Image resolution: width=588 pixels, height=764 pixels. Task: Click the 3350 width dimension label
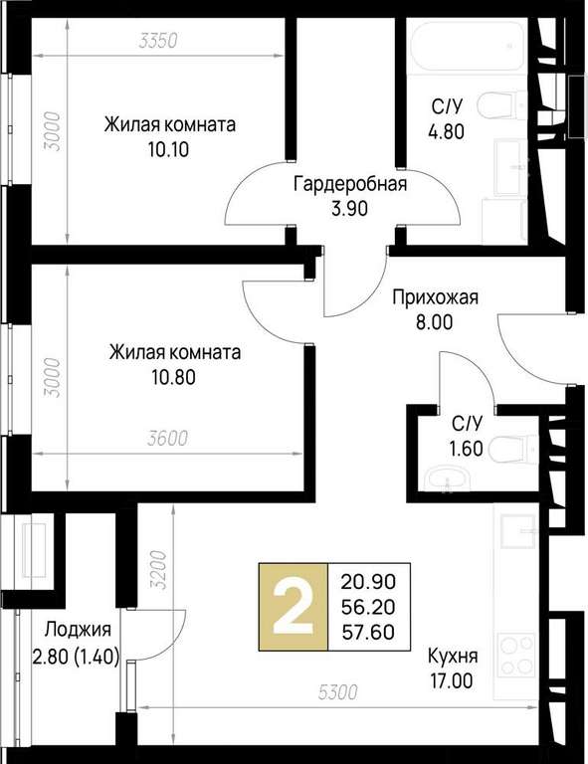(x=157, y=41)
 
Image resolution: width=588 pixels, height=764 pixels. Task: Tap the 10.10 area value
(x=168, y=149)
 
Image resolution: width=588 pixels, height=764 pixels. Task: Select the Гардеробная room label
(x=350, y=184)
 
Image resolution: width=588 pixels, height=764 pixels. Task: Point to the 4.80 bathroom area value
(x=446, y=131)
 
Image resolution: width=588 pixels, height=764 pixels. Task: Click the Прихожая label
(x=436, y=297)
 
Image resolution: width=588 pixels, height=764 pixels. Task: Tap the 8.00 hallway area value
(x=435, y=322)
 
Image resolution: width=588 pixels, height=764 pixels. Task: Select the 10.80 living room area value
(x=174, y=377)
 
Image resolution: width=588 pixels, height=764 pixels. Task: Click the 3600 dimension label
(x=167, y=438)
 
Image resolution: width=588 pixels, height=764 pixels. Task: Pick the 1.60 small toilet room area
(x=467, y=449)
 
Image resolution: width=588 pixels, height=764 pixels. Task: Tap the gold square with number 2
(x=294, y=607)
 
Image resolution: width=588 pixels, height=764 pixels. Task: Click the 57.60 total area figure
(x=368, y=632)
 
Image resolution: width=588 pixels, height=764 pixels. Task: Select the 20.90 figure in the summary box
(x=368, y=581)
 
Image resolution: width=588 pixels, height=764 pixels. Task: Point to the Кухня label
(x=453, y=656)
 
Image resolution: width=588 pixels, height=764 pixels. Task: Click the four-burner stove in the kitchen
(x=516, y=657)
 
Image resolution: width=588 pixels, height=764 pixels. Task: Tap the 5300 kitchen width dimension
(x=338, y=692)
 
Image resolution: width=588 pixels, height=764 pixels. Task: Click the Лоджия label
(x=78, y=630)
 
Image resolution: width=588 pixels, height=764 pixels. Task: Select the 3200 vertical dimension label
(x=159, y=570)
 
